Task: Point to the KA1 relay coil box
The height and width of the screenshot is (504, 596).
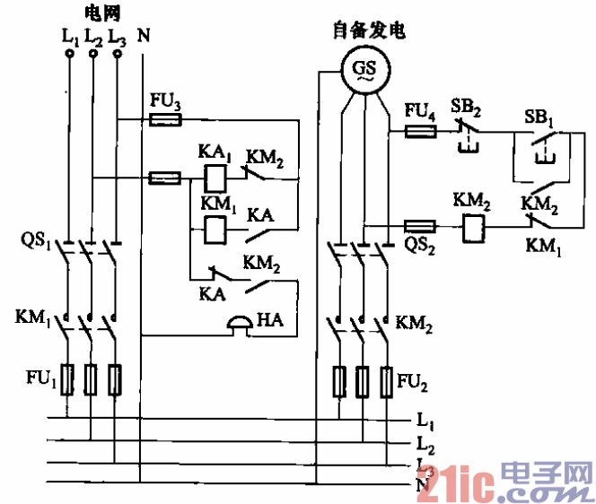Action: tap(215, 176)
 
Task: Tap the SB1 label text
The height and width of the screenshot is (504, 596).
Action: tap(539, 117)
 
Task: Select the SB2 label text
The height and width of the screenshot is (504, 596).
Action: tap(466, 107)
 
